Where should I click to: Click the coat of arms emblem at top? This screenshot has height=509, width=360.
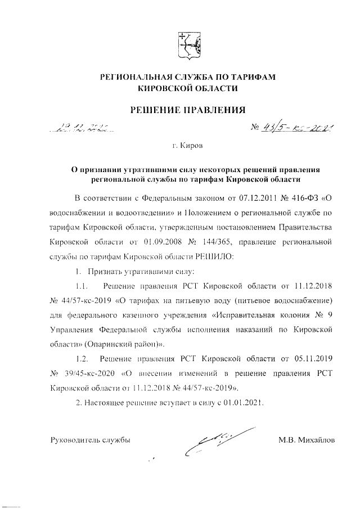point(188,46)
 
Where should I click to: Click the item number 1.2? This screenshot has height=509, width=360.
point(82,358)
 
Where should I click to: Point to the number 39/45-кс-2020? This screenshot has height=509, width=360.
point(85,373)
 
